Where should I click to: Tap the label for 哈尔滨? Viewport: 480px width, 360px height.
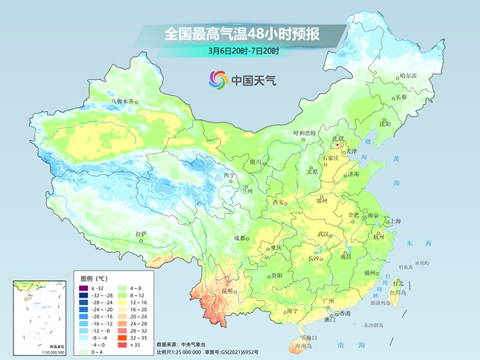pyautogui.click(x=408, y=75)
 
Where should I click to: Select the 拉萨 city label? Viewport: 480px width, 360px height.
pyautogui.click(x=142, y=234)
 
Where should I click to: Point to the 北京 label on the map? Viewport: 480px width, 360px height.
pyautogui.click(x=340, y=138)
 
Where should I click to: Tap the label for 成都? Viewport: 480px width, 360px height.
pyautogui.click(x=239, y=238)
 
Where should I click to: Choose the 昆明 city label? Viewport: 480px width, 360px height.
pyautogui.click(x=228, y=291)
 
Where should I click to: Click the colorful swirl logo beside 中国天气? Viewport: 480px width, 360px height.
pyautogui.click(x=218, y=79)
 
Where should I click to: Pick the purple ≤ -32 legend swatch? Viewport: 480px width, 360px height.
pyautogui.click(x=81, y=286)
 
